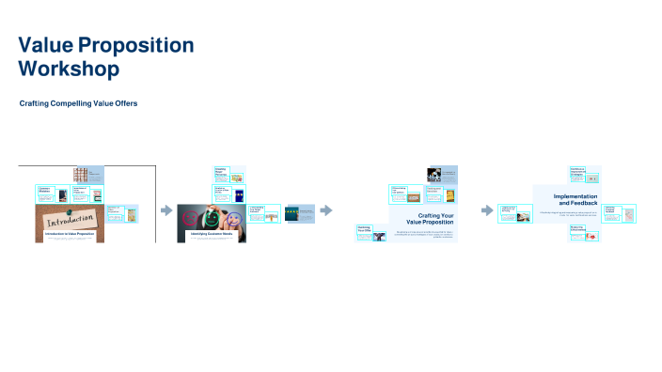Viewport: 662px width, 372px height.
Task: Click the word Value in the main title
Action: point(45,45)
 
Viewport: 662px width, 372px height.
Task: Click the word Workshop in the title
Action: point(69,69)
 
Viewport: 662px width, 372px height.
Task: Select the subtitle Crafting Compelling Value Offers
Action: point(78,103)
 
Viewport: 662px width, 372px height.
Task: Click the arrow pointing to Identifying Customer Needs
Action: point(166,211)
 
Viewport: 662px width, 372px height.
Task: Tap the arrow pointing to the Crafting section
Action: point(326,210)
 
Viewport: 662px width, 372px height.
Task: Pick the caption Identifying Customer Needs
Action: point(212,233)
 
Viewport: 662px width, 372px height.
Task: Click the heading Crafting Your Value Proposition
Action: point(434,219)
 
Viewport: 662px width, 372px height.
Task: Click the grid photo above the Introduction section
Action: point(81,175)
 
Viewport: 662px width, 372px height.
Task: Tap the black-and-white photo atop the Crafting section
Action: point(435,174)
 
